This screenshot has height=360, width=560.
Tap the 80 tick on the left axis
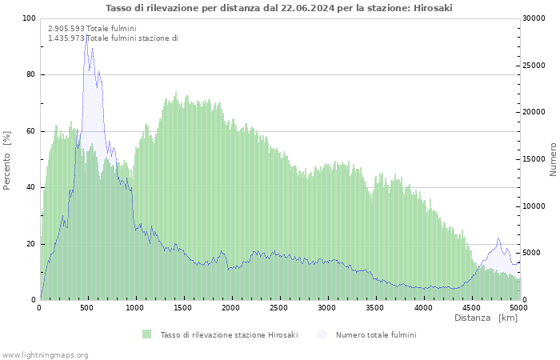tap(30, 75)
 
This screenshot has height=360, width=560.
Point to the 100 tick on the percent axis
tap(29, 18)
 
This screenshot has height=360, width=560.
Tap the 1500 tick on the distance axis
tap(183, 307)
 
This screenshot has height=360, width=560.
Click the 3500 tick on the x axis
tap(375, 307)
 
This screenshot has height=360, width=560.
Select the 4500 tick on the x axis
tap(471, 307)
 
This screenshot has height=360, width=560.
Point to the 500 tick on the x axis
tap(87, 307)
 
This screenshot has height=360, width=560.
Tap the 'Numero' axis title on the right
tap(553, 160)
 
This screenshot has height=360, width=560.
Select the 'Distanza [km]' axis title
tap(486, 318)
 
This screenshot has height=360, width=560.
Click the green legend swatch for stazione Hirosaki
tap(146, 334)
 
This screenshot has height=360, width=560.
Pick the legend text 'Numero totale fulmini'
tap(376, 334)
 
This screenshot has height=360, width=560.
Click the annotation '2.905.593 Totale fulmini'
tap(92, 29)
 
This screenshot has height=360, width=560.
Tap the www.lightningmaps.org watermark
tap(45, 354)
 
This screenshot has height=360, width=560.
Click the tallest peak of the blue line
tap(86, 35)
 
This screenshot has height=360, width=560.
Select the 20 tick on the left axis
tap(30, 244)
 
